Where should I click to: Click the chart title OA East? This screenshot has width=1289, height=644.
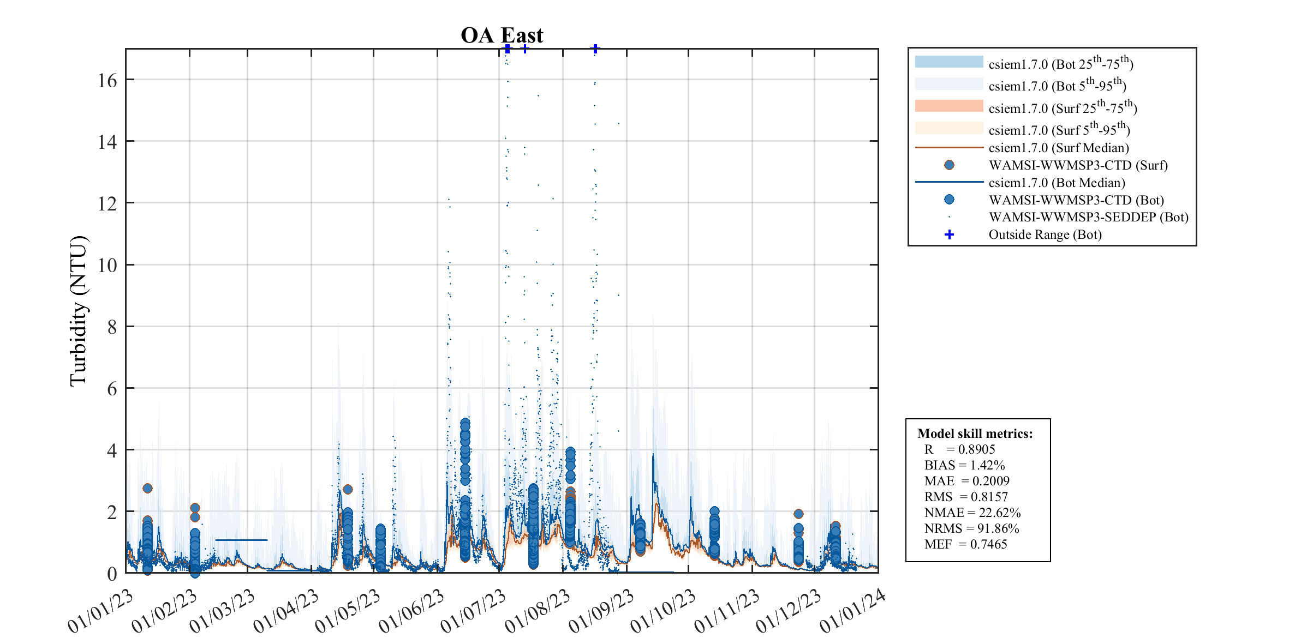click(502, 35)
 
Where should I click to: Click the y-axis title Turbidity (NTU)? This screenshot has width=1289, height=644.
click(79, 311)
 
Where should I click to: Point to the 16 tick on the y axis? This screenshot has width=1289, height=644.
click(108, 81)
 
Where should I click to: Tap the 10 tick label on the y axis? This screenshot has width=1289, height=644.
click(108, 266)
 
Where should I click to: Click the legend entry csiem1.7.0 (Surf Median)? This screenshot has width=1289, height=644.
click(1059, 148)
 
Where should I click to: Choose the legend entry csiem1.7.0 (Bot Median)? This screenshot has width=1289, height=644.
click(1057, 183)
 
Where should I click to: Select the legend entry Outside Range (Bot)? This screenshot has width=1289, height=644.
click(1045, 234)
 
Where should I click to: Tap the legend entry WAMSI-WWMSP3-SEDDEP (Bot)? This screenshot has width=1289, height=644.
click(1088, 217)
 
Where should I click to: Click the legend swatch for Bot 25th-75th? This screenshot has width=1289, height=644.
click(948, 62)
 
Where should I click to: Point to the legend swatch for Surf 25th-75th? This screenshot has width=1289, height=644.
click(948, 106)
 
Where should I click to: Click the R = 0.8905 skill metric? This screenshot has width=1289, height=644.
click(959, 449)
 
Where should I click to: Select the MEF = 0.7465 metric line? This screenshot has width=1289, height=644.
click(965, 544)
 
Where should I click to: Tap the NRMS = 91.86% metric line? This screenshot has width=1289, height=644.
click(971, 528)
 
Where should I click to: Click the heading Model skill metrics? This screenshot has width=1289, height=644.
click(975, 434)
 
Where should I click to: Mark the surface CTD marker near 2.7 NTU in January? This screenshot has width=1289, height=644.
click(147, 488)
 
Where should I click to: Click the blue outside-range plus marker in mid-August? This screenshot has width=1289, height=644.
click(595, 49)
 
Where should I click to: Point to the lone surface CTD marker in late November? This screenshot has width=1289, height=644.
click(798, 514)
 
